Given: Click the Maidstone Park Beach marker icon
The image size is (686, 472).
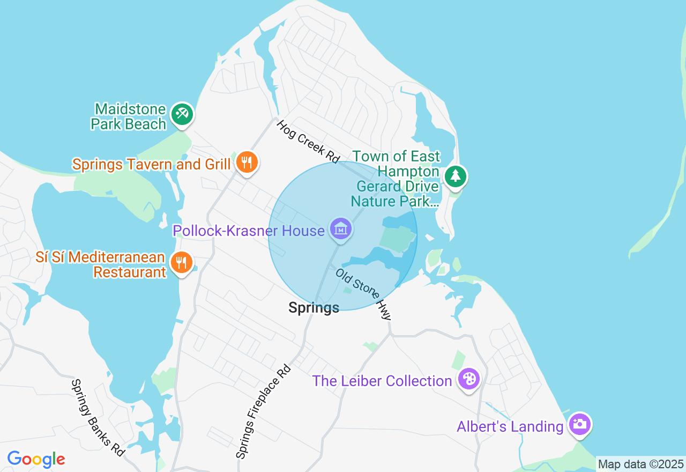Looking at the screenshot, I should pos(182,114).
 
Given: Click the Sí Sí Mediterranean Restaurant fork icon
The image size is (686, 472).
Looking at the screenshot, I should pos(182,262).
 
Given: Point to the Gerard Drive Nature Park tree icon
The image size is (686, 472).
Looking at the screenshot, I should pos(455,176).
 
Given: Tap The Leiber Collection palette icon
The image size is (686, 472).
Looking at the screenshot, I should pos(469,379).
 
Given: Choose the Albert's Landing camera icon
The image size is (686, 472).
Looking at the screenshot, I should pos(579,424).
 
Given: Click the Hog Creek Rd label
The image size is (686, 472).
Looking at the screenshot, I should pos(308,142).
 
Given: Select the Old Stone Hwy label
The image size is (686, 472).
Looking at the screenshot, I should pos(364,294).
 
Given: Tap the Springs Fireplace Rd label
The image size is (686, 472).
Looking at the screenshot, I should pos(263,412).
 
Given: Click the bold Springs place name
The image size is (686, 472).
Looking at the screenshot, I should pos(314,308).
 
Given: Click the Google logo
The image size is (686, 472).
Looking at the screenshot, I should pos(36,460).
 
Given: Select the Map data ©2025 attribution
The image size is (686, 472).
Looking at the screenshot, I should pos(640,464).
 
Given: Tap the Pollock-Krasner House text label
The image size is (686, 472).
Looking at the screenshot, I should pos(248,231).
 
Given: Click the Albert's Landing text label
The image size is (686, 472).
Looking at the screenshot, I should pos(510,427).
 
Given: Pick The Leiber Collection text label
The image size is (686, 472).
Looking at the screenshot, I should pos(382,381).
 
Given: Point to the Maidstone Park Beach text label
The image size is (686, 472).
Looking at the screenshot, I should pos(129,116).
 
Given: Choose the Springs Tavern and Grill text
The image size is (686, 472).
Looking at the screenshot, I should pos(152,164).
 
